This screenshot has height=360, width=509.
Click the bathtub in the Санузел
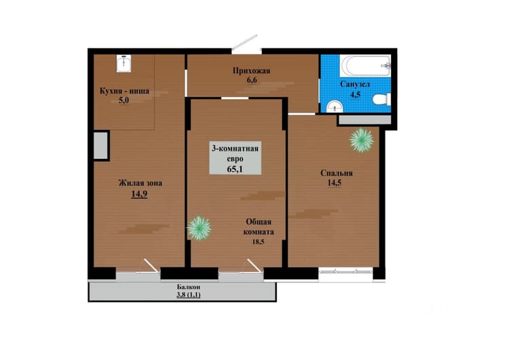[365, 66]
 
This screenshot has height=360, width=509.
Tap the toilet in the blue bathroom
[381, 99]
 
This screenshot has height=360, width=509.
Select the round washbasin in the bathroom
[335, 106]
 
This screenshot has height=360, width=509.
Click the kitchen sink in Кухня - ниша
[124, 63]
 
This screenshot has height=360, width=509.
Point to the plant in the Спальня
[362, 141]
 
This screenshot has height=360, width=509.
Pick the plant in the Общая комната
[199, 228]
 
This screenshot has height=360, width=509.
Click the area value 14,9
[139, 194]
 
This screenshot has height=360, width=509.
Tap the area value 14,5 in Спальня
[335, 183]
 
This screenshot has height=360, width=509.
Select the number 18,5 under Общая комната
[258, 242]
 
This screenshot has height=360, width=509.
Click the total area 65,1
[235, 169]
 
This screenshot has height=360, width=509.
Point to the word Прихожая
[252, 71]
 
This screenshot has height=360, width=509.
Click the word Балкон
[189, 287]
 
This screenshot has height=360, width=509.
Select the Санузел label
[355, 84]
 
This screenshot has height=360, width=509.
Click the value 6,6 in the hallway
[252, 79]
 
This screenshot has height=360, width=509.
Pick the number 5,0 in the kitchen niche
[124, 100]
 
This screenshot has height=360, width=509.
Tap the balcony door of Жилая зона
[138, 270]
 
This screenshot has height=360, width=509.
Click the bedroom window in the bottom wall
[345, 271]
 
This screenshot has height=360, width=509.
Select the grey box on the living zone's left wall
[101, 146]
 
